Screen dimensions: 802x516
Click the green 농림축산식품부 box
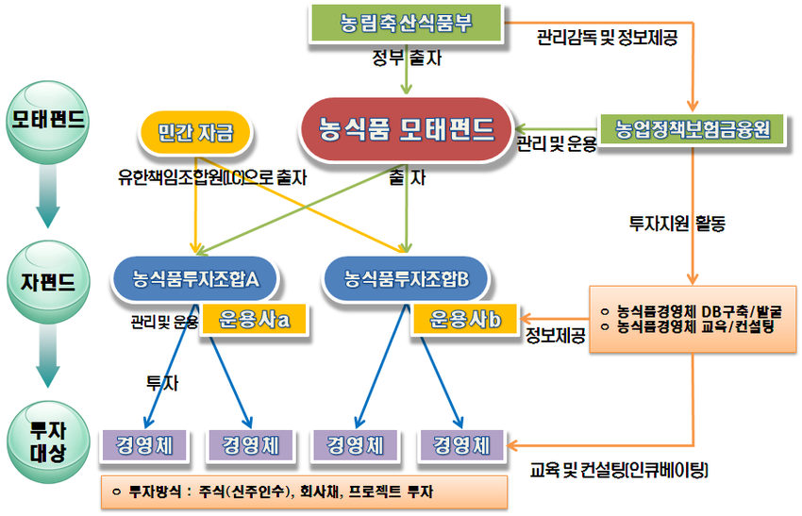[406, 24]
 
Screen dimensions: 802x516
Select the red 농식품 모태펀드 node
[406, 130]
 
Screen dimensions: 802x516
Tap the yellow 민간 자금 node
[195, 133]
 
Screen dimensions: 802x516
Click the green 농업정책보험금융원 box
[692, 129]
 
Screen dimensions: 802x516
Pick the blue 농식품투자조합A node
[195, 279]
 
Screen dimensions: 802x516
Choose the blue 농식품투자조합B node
[406, 279]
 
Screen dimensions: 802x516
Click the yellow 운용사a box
[254, 320]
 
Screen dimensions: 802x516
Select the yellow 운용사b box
[465, 320]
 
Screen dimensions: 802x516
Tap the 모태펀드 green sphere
[47, 122]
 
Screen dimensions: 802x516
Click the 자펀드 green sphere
[47, 282]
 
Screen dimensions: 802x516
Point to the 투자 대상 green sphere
[47, 441]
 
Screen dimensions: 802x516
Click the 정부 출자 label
[407, 58]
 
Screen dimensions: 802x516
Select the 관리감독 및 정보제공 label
[607, 37]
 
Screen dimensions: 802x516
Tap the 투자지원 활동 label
[677, 223]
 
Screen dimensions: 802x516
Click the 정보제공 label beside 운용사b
[556, 336]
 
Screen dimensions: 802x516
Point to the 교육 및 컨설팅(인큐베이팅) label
[619, 470]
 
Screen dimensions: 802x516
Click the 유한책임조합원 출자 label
[212, 177]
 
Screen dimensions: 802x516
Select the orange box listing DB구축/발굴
[693, 319]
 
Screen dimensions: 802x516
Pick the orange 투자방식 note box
[305, 492]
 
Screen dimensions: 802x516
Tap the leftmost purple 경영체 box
[144, 445]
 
